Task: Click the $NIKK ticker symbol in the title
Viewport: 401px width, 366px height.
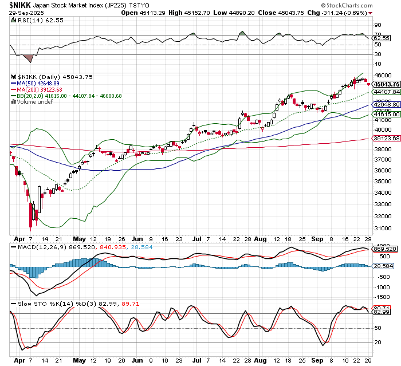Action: click(x=18, y=5)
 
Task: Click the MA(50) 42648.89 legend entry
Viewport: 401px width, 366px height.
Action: click(x=38, y=84)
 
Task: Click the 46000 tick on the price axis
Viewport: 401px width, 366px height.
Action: click(x=382, y=75)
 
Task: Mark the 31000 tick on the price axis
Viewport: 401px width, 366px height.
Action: click(x=382, y=229)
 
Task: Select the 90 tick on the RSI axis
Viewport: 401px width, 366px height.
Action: click(x=377, y=26)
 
